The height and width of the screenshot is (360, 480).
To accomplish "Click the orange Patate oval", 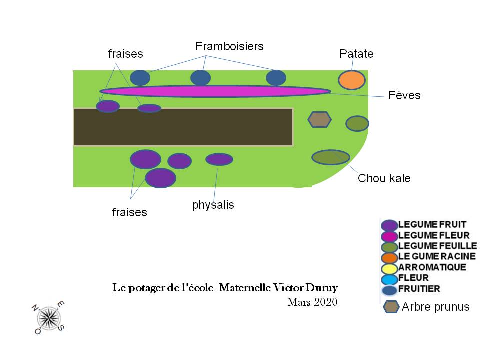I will (x=352, y=80).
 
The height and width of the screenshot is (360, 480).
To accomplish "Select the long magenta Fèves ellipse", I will (x=215, y=91).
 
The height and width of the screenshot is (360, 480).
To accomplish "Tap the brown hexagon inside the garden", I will (x=319, y=119).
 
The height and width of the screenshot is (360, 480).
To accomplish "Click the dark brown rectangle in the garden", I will (x=183, y=127).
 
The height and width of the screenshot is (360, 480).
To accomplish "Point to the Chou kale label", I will (x=384, y=178).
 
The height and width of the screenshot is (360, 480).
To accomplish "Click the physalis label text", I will (x=213, y=205).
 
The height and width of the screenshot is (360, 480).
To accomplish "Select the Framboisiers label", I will (x=229, y=46).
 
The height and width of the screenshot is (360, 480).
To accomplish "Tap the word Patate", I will (x=356, y=54).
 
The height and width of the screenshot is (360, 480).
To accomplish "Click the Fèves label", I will (x=404, y=95).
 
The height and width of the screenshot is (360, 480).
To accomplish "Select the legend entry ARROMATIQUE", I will (x=432, y=267).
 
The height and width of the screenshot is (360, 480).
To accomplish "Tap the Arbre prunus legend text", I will (x=435, y=306).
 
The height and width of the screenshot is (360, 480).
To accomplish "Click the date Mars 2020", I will (x=312, y=302).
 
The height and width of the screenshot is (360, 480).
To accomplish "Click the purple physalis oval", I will (x=219, y=159).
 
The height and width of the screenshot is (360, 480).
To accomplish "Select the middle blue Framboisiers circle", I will (x=200, y=78).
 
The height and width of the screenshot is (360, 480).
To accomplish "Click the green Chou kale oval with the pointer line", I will (x=330, y=157).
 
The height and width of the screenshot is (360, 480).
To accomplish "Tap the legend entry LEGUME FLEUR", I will (x=433, y=235).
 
